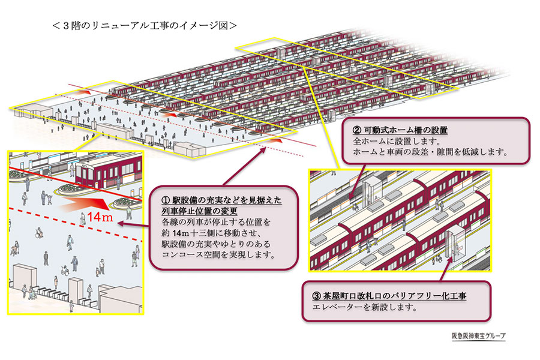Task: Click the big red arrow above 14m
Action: point(90,205)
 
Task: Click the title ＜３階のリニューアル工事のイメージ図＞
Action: point(145,26)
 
